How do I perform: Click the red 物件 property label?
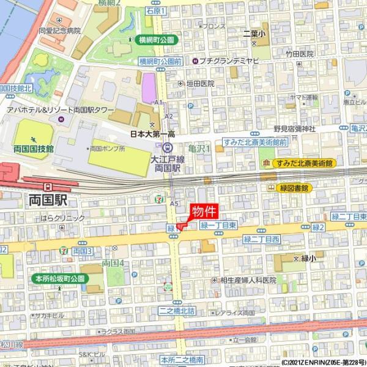[x=203, y=212]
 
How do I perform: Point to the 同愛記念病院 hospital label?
[x=59, y=30]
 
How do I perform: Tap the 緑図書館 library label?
[x=293, y=188]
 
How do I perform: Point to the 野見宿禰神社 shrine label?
[x=294, y=128]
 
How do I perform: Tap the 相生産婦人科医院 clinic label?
[x=248, y=280]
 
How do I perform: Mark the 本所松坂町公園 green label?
[x=59, y=278]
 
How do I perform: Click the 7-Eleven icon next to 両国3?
[x=65, y=251]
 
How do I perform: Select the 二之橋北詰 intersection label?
[x=176, y=311]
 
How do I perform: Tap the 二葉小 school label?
[x=253, y=33]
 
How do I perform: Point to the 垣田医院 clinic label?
[x=200, y=83]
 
